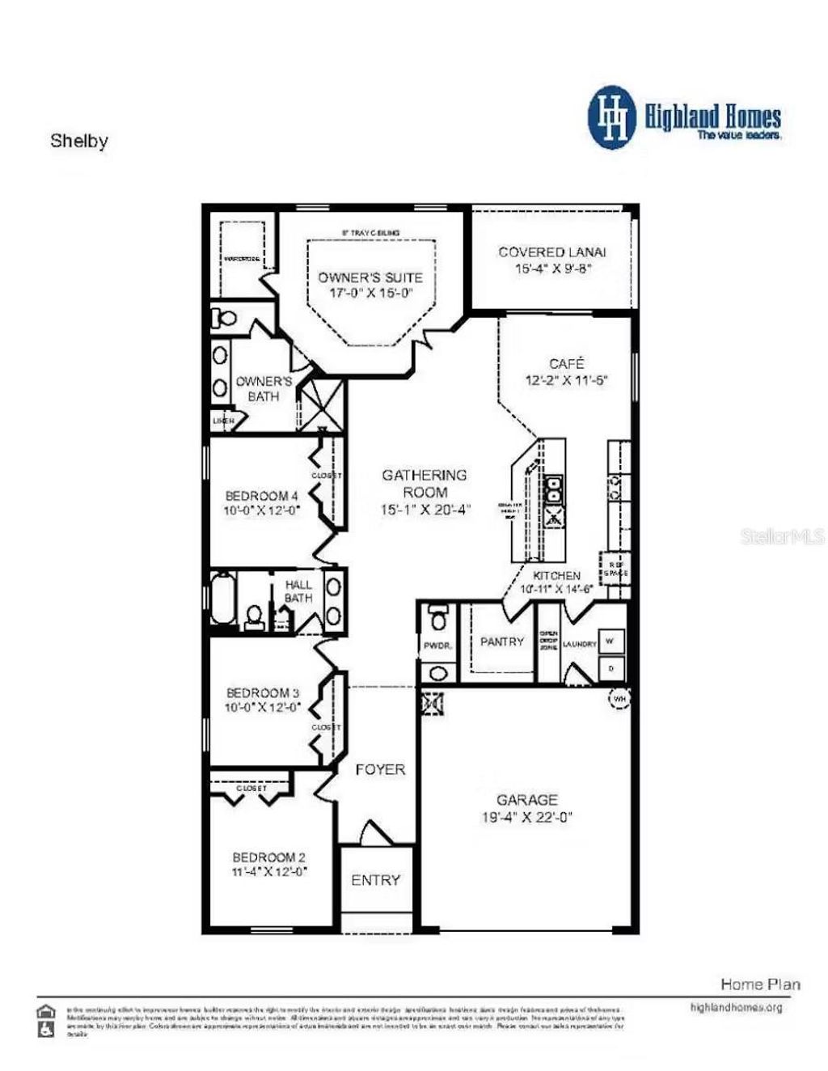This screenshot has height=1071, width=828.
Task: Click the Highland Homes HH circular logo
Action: (612, 118)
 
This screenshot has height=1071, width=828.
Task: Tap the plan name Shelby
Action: (79, 141)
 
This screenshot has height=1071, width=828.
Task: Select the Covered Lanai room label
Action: (552, 252)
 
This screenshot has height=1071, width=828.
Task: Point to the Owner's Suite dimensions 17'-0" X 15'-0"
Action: (370, 293)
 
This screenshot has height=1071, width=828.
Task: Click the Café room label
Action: (566, 364)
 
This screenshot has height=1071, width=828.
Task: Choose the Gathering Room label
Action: (425, 484)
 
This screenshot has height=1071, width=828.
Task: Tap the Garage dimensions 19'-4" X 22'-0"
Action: (527, 817)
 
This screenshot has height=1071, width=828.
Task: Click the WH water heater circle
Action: (619, 698)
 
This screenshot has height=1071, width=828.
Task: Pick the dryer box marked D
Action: (610, 668)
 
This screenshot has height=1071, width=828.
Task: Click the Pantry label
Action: (502, 641)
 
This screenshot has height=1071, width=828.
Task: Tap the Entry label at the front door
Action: (375, 880)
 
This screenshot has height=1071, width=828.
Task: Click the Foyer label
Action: (380, 769)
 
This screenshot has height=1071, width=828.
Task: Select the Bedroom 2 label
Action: (268, 857)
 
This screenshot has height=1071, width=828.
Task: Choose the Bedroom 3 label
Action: (263, 692)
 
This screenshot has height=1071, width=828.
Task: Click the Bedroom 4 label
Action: (262, 495)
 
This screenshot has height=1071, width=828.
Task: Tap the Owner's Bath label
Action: (264, 388)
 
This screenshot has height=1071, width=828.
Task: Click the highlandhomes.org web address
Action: (736, 1007)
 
